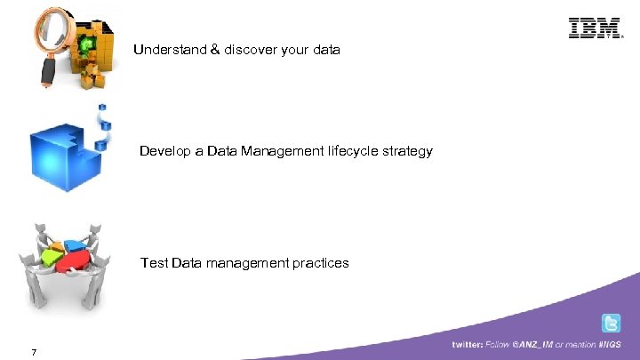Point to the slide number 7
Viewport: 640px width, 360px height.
(x=33, y=353)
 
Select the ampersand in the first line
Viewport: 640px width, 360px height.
(x=216, y=50)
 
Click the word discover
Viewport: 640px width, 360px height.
(x=251, y=50)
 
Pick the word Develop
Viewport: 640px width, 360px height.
(x=164, y=151)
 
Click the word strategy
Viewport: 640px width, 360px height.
(x=404, y=152)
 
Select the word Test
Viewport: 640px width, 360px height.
(x=155, y=262)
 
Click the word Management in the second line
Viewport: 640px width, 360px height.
(x=268, y=151)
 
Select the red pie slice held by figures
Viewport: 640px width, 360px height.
(x=75, y=260)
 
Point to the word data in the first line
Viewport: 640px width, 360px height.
(x=325, y=50)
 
